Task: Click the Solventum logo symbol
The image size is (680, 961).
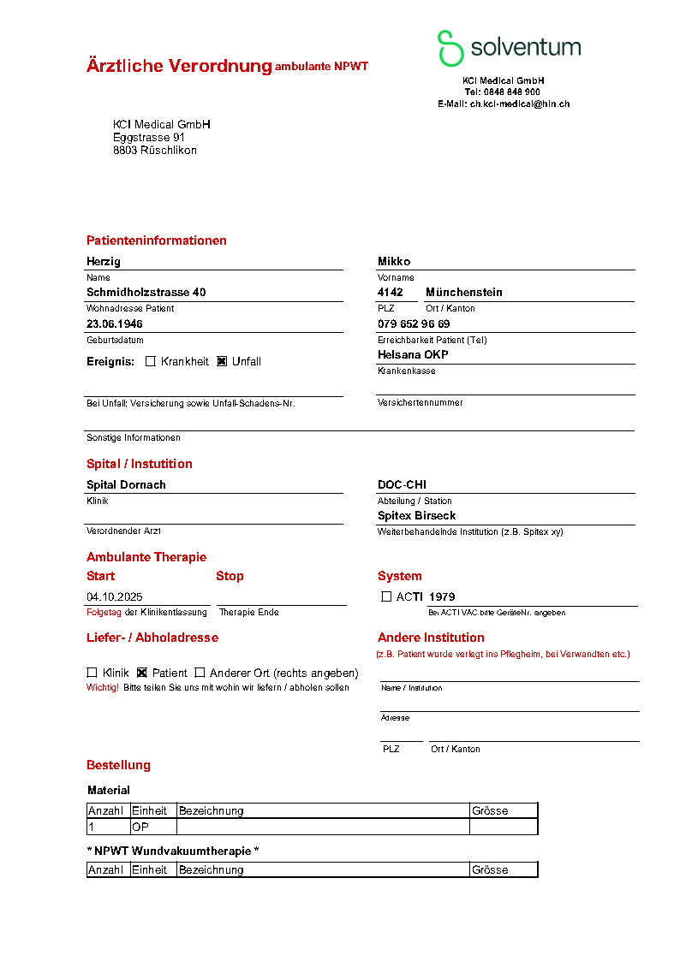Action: coord(450,48)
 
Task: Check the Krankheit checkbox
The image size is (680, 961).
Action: coord(151,361)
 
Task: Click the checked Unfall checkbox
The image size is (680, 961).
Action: coord(222,361)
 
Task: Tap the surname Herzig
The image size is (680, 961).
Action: coord(104,261)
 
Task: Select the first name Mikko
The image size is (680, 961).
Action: coord(394,261)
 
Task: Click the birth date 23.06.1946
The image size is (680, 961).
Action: coord(115,323)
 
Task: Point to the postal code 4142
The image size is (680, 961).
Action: coord(391,292)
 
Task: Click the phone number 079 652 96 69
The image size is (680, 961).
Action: coord(414,323)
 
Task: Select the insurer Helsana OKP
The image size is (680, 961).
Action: coord(413,354)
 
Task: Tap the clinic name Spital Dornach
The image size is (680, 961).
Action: coord(126,484)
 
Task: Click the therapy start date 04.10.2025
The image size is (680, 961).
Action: coord(115,596)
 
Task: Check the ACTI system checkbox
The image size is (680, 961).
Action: coord(386,596)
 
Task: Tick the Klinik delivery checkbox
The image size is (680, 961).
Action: coord(92,673)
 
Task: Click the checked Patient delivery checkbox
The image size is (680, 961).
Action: coord(142,673)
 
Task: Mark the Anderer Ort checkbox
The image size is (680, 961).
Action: coord(200,673)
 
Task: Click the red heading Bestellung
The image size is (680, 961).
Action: coord(118,765)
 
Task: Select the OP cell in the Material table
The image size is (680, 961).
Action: coord(140,827)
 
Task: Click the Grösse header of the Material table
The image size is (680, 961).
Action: coord(490,810)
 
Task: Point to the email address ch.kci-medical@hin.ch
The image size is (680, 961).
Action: coord(520,104)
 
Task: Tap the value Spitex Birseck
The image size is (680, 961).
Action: coord(416,515)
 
